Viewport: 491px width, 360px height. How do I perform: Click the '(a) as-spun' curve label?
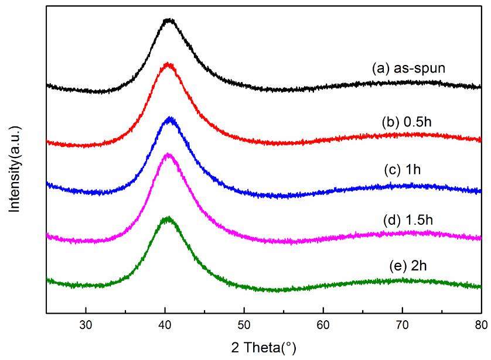pyautogui.click(x=408, y=68)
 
